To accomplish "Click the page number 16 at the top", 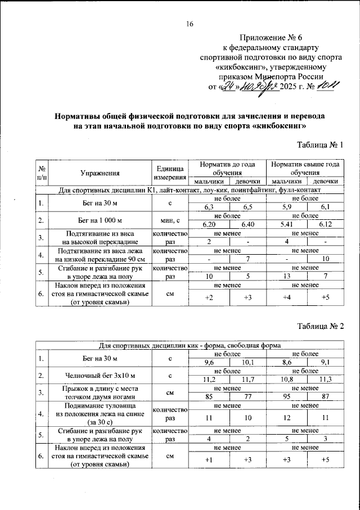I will pyautogui.click(x=190, y=24).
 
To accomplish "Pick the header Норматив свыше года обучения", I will pyautogui.click(x=304, y=168).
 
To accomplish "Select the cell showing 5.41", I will pyautogui.click(x=286, y=224).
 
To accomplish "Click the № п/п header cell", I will pyautogui.click(x=41, y=173).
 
